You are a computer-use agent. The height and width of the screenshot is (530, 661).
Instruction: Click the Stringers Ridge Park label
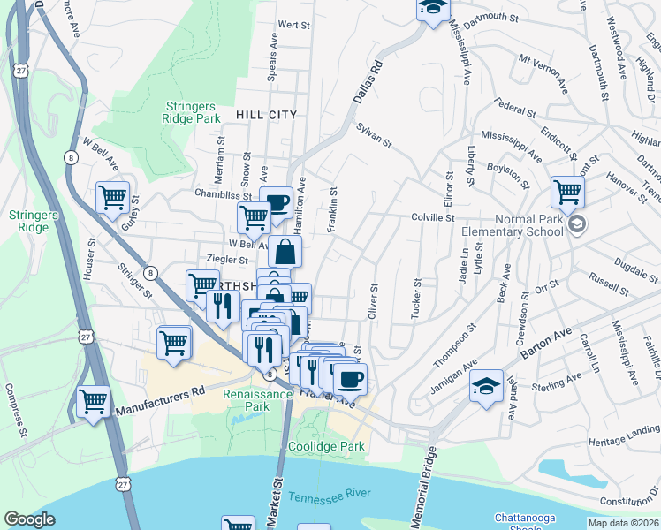click(192, 111)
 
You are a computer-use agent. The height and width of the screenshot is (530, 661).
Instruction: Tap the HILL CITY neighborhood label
click(266, 115)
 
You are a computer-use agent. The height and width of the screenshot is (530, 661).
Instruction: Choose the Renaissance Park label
click(245, 400)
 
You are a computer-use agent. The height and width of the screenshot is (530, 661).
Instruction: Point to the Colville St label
click(432, 217)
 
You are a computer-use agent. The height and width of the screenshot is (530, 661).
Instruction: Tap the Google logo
click(29, 519)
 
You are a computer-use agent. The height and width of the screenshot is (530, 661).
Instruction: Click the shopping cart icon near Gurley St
click(112, 198)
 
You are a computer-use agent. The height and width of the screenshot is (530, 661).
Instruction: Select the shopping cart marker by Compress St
click(93, 401)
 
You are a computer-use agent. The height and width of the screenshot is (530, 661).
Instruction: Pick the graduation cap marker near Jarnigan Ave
click(486, 386)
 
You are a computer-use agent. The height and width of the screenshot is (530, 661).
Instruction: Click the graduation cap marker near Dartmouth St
click(433, 9)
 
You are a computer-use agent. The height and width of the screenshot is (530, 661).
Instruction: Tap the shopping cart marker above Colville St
click(566, 192)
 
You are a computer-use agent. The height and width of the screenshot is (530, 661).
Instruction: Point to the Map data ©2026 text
click(623, 523)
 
